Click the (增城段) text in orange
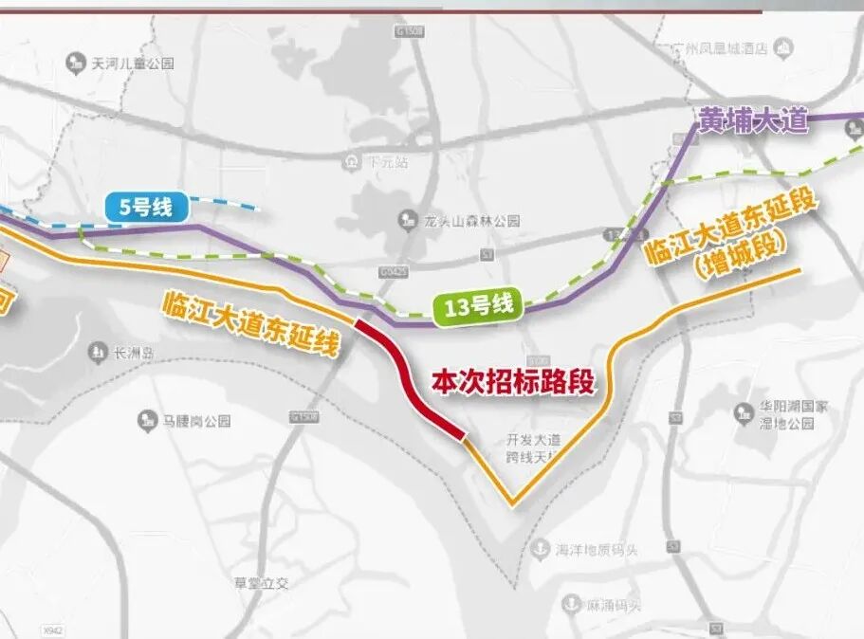(737, 266)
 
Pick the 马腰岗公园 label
(193, 420)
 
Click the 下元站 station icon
(353, 161)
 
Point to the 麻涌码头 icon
(571, 603)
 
